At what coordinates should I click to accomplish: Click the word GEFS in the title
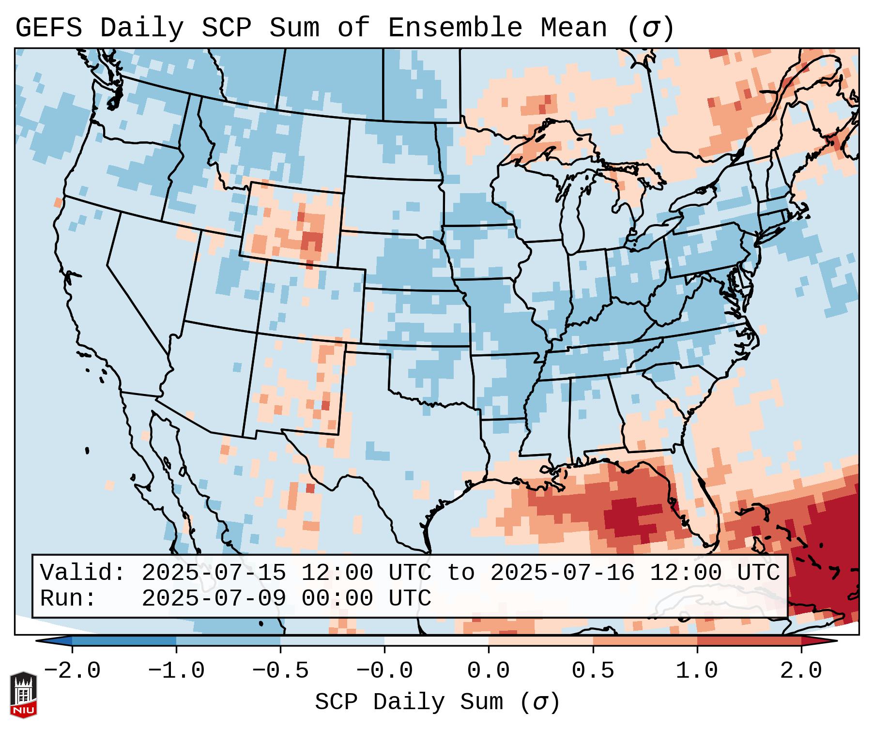pos(48,28)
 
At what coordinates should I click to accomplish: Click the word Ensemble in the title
pos(455,28)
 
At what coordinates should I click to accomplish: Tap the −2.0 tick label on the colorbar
pos(72,671)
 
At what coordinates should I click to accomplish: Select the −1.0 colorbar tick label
pos(176,671)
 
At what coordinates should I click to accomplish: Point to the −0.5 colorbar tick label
pos(280,671)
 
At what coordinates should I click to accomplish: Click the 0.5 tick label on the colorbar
pos(593,671)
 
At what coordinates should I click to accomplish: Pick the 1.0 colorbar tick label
pos(697,671)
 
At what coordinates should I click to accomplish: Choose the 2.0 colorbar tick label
pos(801,671)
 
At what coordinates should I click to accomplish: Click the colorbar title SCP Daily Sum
pos(409,702)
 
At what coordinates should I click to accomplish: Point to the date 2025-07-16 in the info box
pos(562,573)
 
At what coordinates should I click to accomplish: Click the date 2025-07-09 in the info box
pos(214,599)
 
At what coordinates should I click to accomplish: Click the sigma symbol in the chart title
pos(650,28)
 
